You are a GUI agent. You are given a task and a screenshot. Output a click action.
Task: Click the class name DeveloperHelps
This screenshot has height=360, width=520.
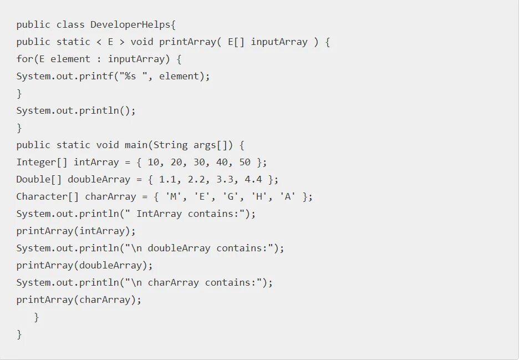tap(133, 24)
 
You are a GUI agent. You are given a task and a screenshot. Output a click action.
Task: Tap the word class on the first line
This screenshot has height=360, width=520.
tap(70, 24)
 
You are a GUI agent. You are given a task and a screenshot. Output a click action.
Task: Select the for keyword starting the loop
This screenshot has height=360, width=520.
tap(25, 59)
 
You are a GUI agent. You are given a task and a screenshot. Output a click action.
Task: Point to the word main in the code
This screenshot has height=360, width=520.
tap(136, 145)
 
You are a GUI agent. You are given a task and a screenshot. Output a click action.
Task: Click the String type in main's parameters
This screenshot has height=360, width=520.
tap(170, 145)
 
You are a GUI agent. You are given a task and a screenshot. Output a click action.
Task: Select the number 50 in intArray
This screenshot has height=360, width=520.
tap(244, 162)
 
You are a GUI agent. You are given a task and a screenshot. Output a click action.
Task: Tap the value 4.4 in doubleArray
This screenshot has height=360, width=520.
tap(253, 179)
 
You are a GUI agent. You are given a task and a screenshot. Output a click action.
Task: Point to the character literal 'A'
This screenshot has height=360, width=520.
tap(287, 196)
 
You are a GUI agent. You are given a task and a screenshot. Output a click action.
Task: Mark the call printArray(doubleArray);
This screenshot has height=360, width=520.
tap(84, 265)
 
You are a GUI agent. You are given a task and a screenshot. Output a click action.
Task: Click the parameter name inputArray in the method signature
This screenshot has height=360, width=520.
tap(279, 42)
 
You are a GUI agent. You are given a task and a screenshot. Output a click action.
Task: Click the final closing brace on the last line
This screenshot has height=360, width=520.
tap(19, 334)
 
